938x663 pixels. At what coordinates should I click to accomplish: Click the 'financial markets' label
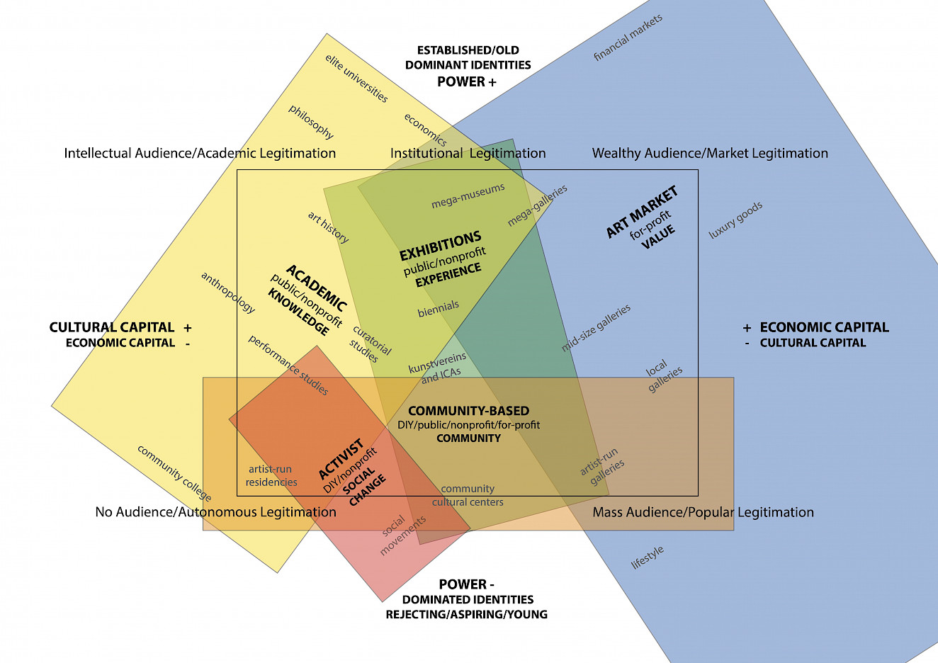click(628, 38)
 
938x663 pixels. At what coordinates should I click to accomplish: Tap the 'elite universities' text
click(356, 78)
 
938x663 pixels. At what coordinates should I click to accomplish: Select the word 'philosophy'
click(311, 121)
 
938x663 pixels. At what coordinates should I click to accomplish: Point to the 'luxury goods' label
click(736, 220)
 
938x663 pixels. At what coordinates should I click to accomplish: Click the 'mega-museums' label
click(468, 196)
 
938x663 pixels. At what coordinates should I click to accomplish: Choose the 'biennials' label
click(438, 310)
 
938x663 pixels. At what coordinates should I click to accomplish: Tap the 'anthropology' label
click(227, 293)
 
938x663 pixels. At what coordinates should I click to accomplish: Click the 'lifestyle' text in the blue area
click(648, 557)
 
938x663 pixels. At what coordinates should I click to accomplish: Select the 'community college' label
click(174, 472)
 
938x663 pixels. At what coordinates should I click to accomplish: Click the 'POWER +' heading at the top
click(467, 81)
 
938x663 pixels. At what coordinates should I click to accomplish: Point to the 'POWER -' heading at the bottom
click(467, 584)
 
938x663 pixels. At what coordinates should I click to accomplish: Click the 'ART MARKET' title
click(642, 212)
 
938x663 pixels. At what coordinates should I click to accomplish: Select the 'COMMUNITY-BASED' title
click(468, 411)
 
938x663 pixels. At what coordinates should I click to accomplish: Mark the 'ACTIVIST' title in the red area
click(341, 459)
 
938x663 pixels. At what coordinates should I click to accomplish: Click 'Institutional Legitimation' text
click(468, 153)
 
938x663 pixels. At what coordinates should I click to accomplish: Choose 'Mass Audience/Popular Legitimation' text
click(703, 512)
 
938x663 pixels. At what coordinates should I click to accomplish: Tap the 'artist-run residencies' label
click(271, 475)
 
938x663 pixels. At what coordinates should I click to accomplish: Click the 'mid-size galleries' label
click(596, 328)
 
